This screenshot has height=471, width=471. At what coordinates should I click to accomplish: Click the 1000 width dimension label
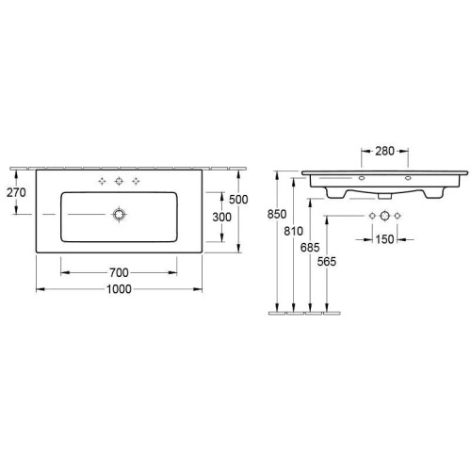pos(119,289)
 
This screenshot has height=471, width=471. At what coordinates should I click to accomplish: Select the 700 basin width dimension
pos(119,272)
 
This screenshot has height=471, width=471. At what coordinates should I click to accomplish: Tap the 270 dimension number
pos(16,192)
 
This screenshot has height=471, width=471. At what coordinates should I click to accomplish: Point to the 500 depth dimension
pos(238,200)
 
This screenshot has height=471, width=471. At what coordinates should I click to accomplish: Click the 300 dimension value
pos(221,217)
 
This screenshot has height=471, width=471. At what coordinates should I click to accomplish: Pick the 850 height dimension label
pos(277,214)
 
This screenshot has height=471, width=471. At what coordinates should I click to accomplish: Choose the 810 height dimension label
pos(294,231)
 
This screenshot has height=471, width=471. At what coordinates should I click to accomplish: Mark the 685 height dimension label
pos(310,248)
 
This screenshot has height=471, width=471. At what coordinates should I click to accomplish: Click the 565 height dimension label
pos(327,261)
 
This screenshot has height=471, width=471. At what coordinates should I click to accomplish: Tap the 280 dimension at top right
pos(384,152)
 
